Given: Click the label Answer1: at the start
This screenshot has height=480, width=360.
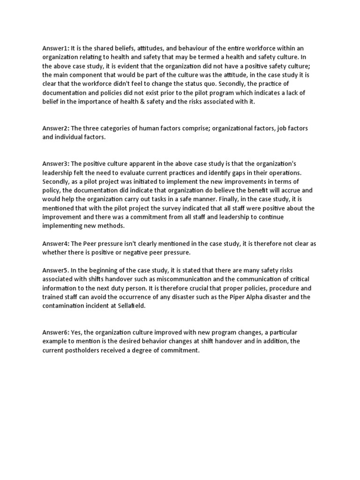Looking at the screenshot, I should pyautogui.click(x=55, y=49).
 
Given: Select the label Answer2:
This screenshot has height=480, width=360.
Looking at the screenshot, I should pyautogui.click(x=55, y=128).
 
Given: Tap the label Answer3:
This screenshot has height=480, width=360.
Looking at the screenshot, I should pyautogui.click(x=55, y=163).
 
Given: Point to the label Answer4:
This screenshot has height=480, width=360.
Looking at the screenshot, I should pyautogui.click(x=55, y=244).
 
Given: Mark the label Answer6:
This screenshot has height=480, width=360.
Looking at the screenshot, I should pyautogui.click(x=55, y=332).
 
